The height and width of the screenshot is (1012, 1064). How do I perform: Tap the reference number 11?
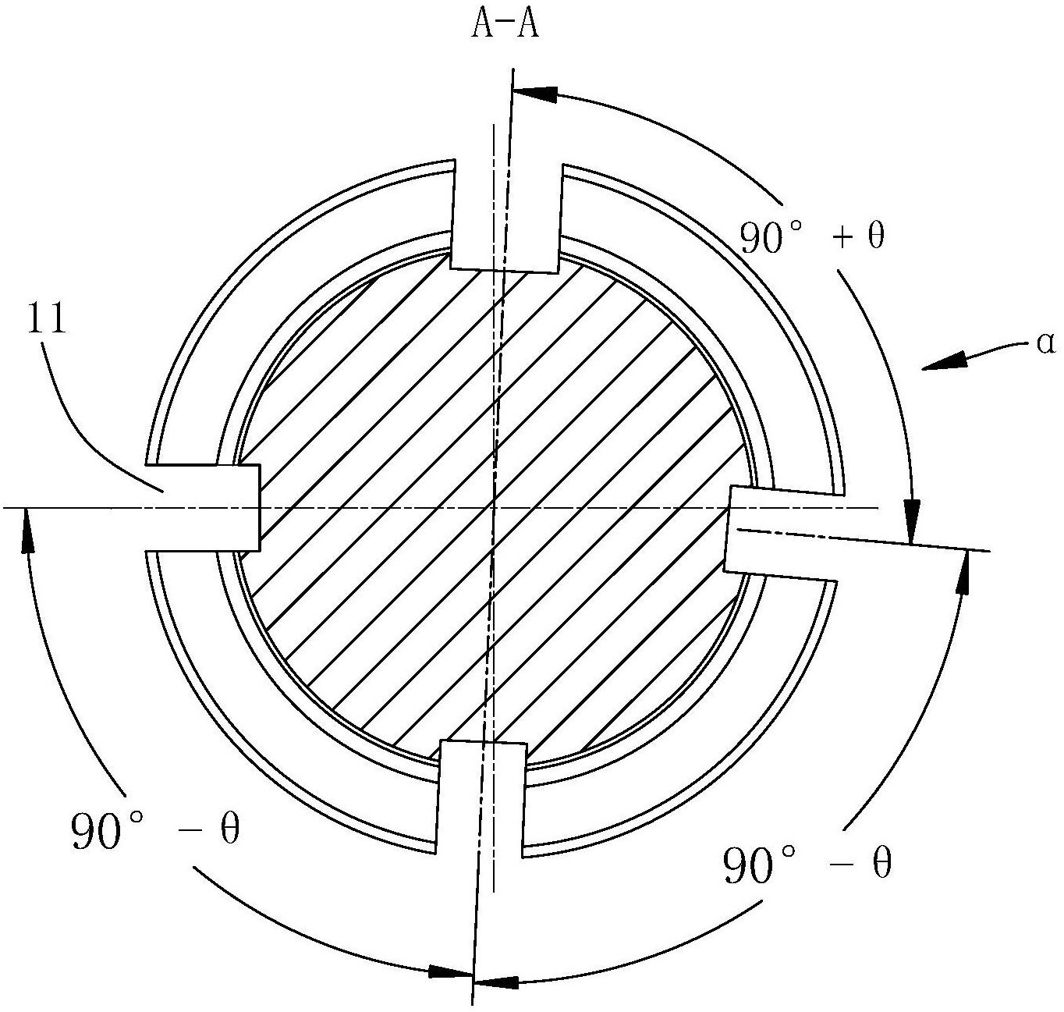click(45, 319)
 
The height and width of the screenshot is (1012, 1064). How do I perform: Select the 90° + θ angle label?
click(812, 237)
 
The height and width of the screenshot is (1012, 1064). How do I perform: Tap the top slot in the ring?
click(505, 217)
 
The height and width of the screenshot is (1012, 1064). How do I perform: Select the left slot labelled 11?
click(202, 508)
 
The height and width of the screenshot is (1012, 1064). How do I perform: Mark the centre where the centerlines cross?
click(494, 508)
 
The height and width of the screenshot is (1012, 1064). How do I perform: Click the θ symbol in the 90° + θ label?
click(876, 236)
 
